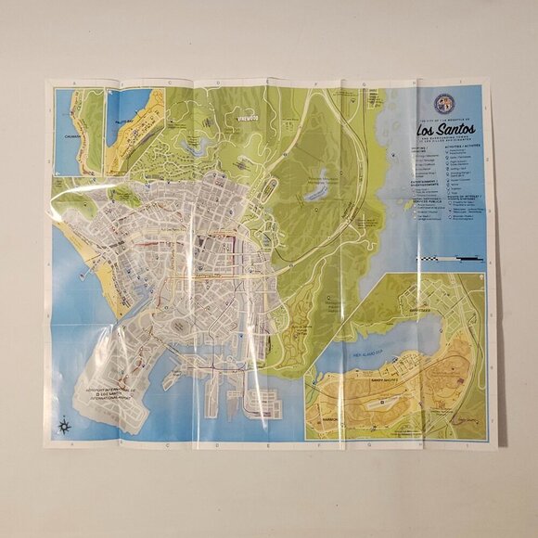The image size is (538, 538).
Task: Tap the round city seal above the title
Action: (444, 103)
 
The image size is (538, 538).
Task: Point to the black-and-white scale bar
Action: (451, 257)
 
